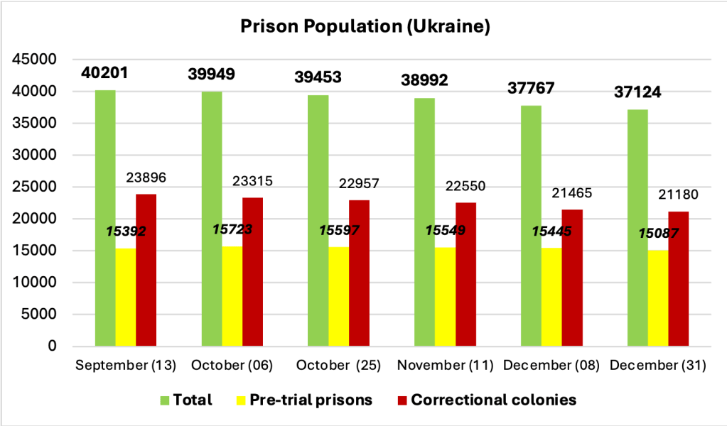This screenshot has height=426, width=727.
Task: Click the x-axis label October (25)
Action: point(338,366)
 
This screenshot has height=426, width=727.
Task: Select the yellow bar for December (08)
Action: point(551,297)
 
